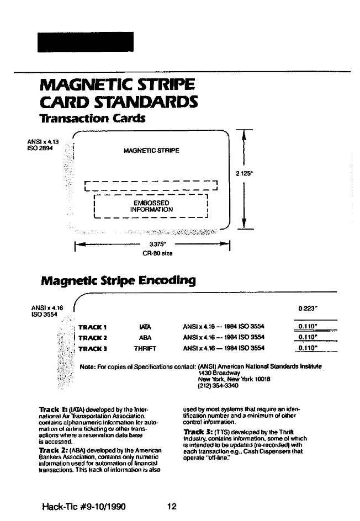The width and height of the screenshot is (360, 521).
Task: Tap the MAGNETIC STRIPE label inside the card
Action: (151, 151)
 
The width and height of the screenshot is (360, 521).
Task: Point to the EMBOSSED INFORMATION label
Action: (151, 206)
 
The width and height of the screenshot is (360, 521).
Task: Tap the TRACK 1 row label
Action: (93, 327)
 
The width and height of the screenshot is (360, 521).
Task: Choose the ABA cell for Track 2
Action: (145, 337)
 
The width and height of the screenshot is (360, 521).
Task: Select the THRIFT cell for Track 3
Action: (145, 348)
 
